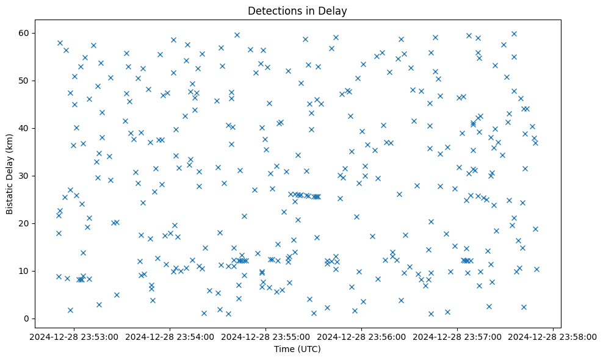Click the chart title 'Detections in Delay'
coord(297,11)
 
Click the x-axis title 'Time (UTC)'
coord(297,349)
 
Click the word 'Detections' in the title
coord(271,11)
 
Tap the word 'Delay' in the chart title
coord(334,11)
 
